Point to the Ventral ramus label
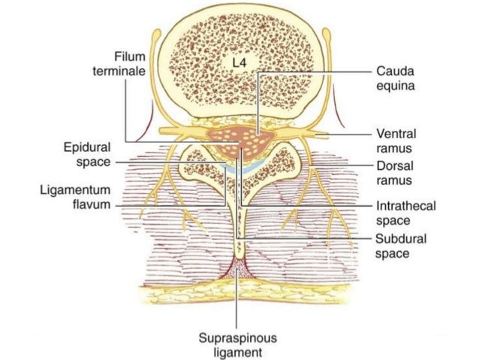pos(396,140)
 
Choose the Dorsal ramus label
pos(395,173)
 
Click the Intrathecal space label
pos(405,212)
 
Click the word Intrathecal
pos(405,205)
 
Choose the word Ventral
pos(396,133)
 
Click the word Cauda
pos(393,71)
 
